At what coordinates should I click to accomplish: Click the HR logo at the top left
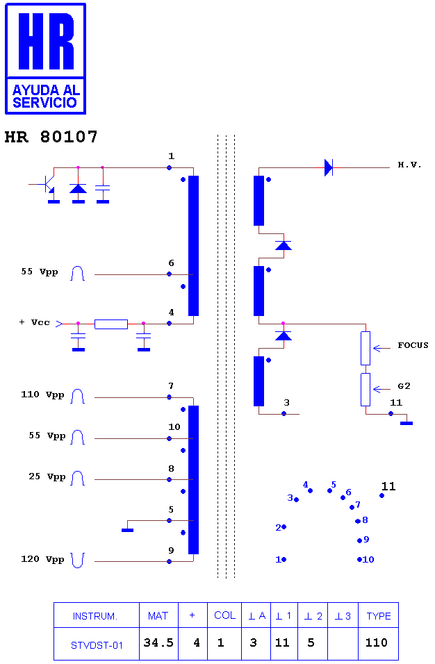(x=45, y=58)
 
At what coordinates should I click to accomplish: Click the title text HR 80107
(x=51, y=137)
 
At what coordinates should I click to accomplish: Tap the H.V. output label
(x=409, y=165)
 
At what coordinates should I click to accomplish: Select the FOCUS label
(x=413, y=345)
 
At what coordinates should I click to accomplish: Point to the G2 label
(x=404, y=385)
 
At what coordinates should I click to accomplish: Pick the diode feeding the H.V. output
(x=329, y=167)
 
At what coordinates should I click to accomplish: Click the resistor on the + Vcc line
(x=111, y=324)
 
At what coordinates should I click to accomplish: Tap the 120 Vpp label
(x=42, y=559)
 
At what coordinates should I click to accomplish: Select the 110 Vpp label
(x=42, y=395)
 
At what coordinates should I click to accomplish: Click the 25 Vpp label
(x=47, y=476)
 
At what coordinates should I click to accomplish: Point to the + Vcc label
(x=34, y=322)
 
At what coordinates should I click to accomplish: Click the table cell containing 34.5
(x=158, y=643)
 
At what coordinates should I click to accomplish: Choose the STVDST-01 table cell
(x=97, y=644)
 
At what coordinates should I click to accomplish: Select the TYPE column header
(x=378, y=615)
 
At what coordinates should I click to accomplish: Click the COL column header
(x=224, y=615)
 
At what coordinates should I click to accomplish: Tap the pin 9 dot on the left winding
(x=169, y=561)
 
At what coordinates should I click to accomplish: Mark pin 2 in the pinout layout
(x=284, y=526)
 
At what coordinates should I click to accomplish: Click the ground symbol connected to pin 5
(x=127, y=530)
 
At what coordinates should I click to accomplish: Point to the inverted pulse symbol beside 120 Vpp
(x=78, y=561)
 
